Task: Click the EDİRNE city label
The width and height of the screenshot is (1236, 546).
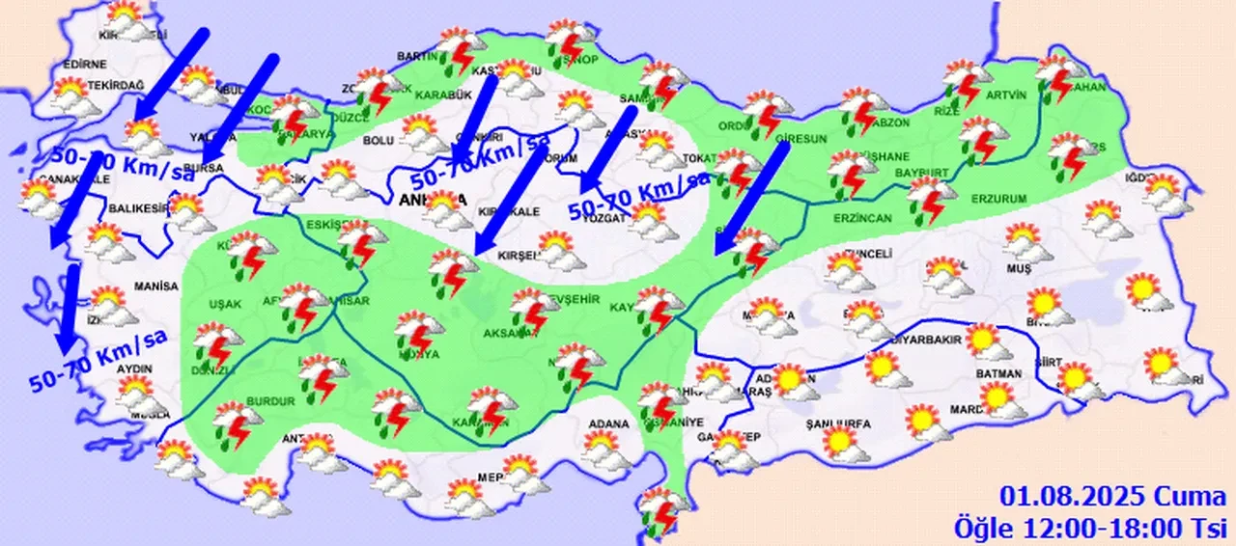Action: tap(83, 65)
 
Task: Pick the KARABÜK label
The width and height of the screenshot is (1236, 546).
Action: tap(442, 95)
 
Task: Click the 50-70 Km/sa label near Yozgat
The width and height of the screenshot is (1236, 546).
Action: tap(638, 195)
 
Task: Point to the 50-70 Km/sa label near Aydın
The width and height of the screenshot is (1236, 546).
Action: tap(98, 361)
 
